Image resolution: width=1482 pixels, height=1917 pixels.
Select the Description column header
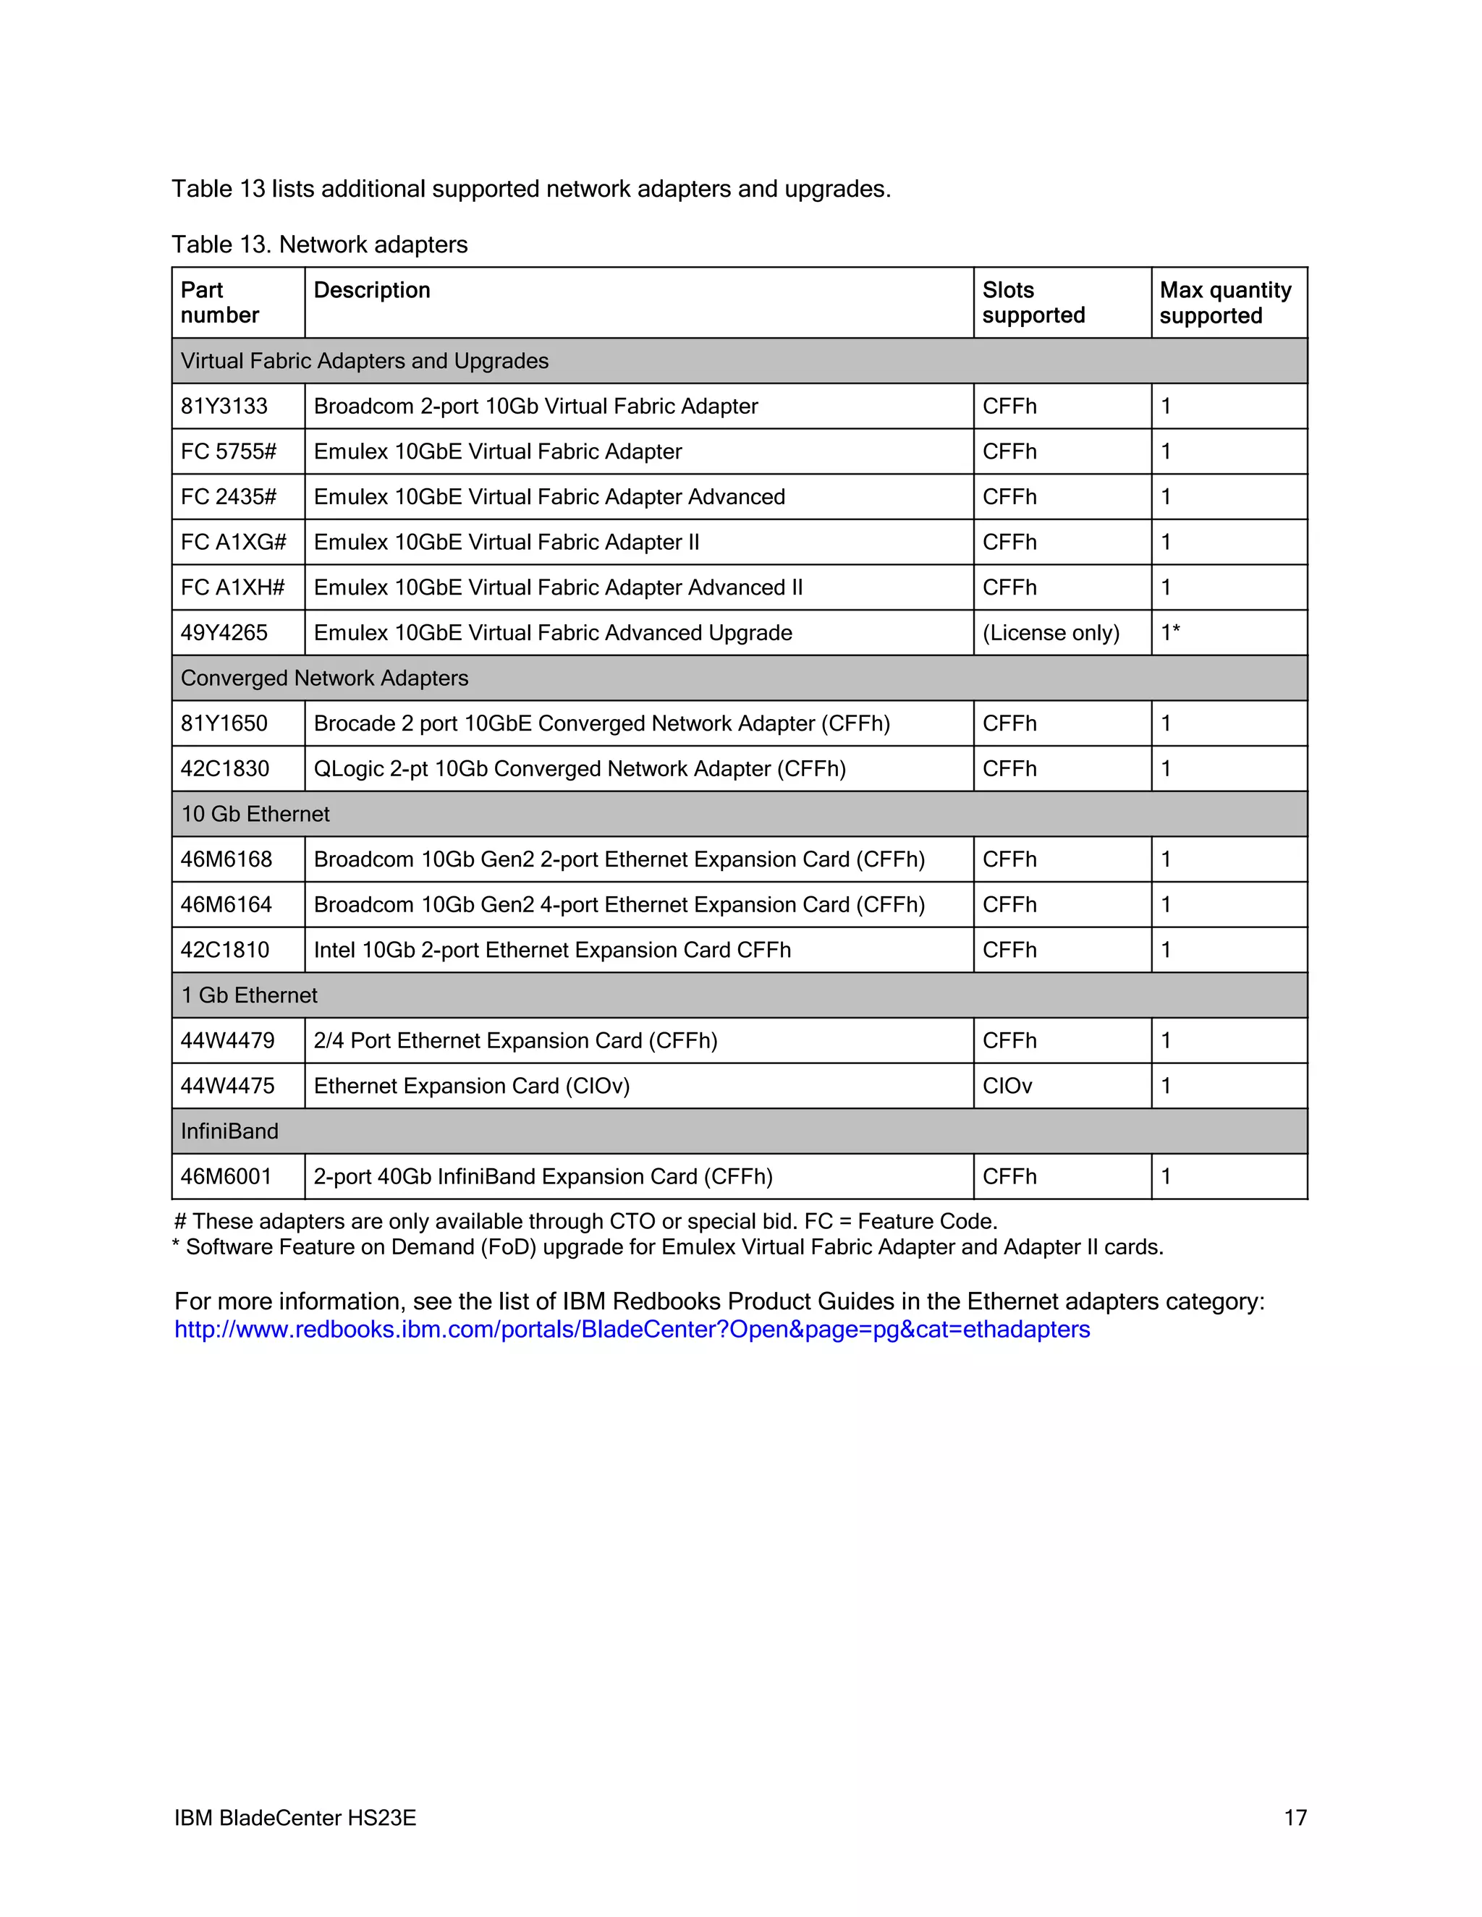[371, 291]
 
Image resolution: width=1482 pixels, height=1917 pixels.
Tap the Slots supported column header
[1033, 303]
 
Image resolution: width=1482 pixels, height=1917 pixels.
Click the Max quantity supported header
[1225, 303]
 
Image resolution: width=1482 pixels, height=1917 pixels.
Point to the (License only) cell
[1050, 633]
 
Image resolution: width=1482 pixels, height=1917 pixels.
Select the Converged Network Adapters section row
[324, 679]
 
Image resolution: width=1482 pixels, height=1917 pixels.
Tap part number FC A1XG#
[233, 543]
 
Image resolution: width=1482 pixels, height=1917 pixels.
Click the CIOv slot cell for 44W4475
[1007, 1086]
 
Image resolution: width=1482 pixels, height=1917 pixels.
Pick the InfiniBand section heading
[229, 1131]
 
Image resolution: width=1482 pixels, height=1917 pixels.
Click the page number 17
[1295, 1818]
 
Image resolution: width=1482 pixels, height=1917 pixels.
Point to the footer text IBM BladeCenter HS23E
[295, 1818]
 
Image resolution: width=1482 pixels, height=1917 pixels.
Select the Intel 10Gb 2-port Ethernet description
[551, 950]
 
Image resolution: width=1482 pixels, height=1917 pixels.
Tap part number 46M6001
[226, 1176]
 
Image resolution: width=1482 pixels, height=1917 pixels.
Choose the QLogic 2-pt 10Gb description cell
[580, 769]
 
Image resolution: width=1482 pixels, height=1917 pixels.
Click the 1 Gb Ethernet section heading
[250, 995]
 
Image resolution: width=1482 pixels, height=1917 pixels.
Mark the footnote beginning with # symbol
[585, 1221]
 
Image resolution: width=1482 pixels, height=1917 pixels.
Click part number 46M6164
[226, 905]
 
